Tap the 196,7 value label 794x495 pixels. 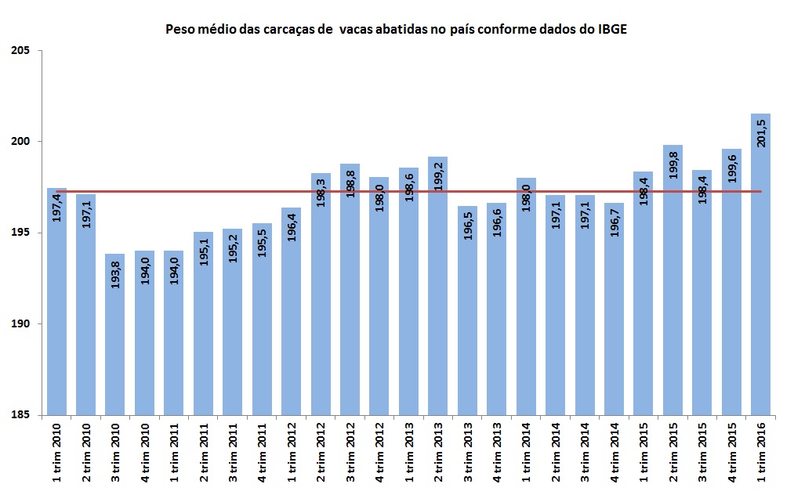(x=615, y=222)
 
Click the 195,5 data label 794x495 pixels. (x=263, y=243)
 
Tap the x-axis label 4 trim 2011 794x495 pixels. (x=263, y=452)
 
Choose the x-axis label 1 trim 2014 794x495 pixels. (x=527, y=452)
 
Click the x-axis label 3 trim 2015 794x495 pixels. (x=702, y=452)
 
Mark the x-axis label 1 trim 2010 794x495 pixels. (x=57, y=452)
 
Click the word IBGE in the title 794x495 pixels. (x=611, y=30)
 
